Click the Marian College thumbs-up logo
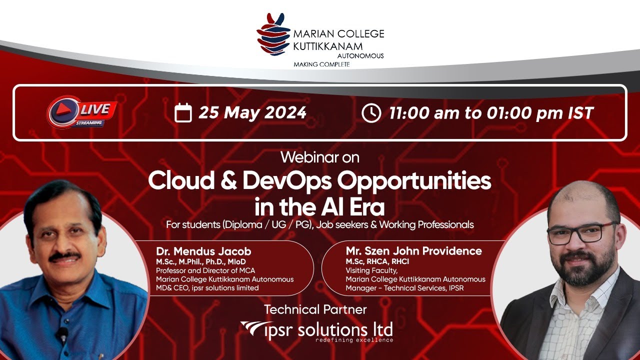pos(273,34)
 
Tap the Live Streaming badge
pos(82,112)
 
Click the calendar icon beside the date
pos(183,112)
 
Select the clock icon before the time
pos(371,113)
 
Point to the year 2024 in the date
pos(285,112)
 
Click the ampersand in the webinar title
pos(228,180)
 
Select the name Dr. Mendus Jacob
pos(203,251)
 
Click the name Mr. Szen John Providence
pos(413,251)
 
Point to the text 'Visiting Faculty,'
pos(371,270)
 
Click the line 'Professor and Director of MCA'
pos(205,270)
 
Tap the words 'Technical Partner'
pos(315,309)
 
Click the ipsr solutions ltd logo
pos(316,331)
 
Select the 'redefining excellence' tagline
pos(354,340)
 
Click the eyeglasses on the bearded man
pos(581,233)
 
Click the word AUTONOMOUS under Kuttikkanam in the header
pos(360,55)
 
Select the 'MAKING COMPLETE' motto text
pos(321,64)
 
